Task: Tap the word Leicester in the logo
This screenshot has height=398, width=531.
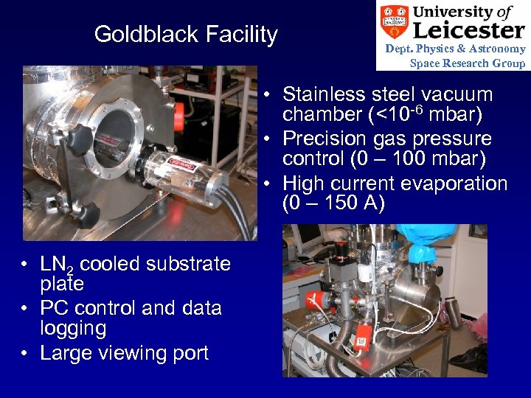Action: [x=468, y=29]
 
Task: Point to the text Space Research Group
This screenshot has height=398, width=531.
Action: [x=468, y=63]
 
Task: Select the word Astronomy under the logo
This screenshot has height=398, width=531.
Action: [x=499, y=49]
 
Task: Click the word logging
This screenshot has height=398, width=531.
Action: [x=73, y=328]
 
